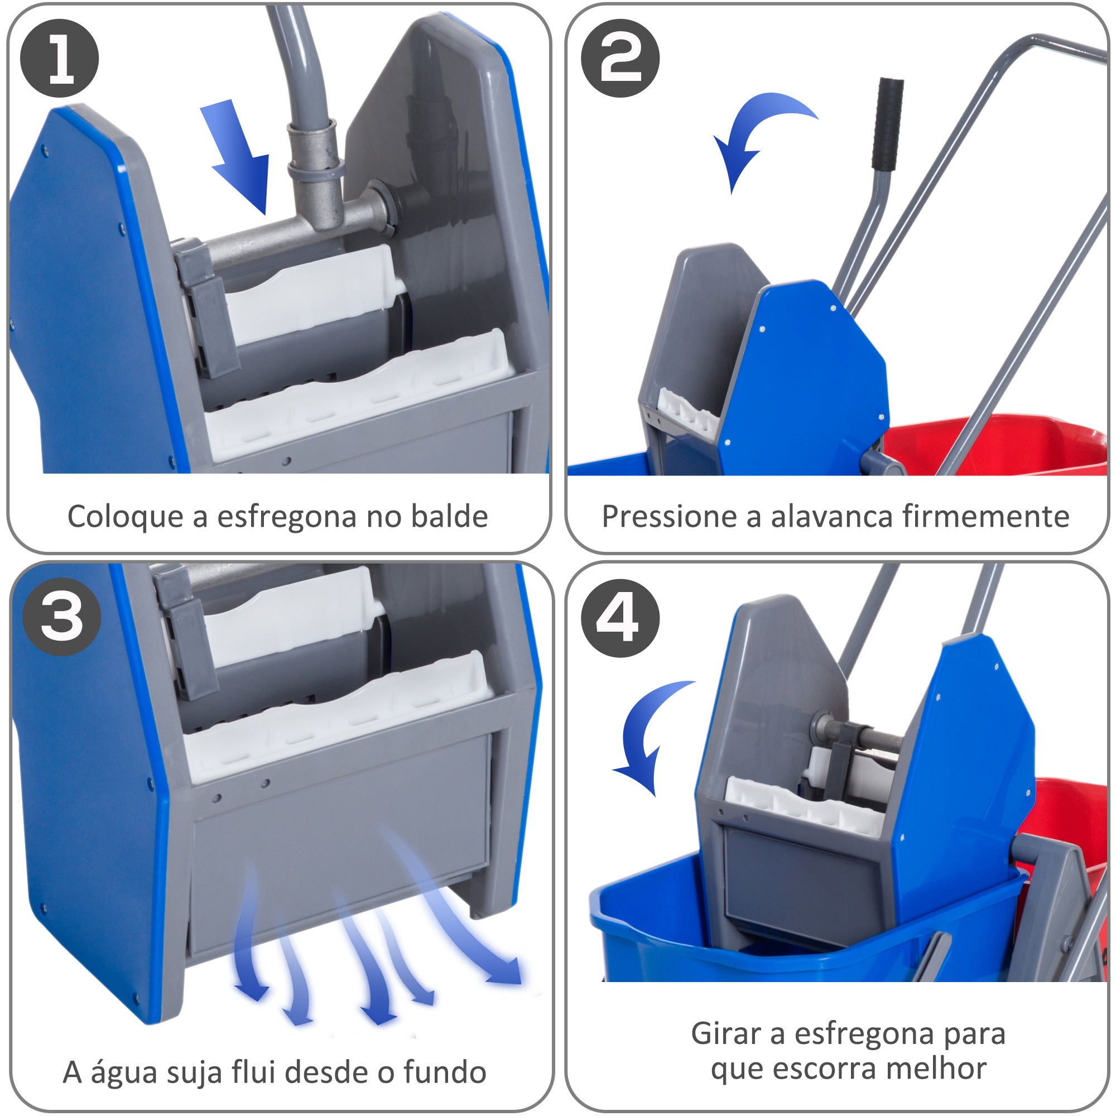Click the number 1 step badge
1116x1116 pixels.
pos(60,58)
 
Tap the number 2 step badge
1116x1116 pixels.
pos(620,58)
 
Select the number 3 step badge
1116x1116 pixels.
pos(62,617)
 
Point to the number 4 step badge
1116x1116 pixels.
pos(620,618)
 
